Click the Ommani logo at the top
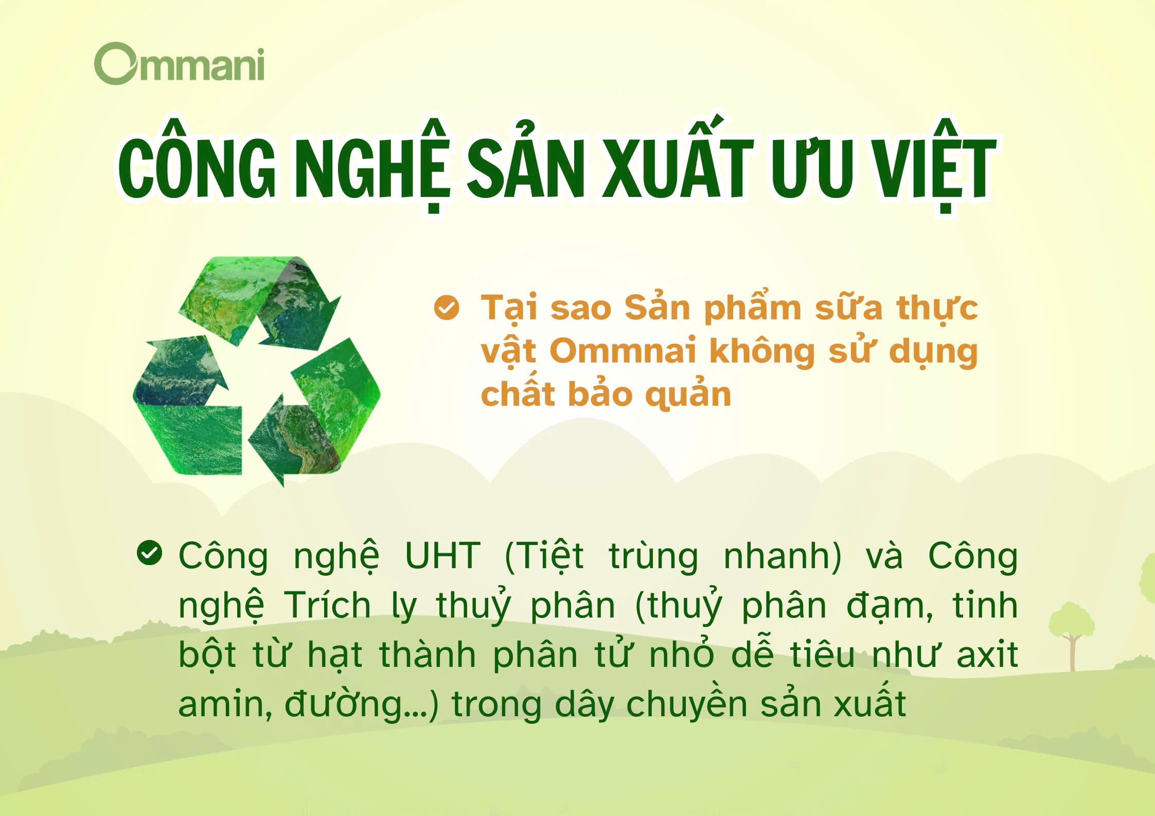tap(179, 63)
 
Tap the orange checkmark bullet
tap(447, 307)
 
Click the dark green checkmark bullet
tap(150, 553)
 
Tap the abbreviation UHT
tap(443, 556)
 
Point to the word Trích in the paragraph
tap(327, 605)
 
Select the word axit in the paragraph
tap(987, 654)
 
